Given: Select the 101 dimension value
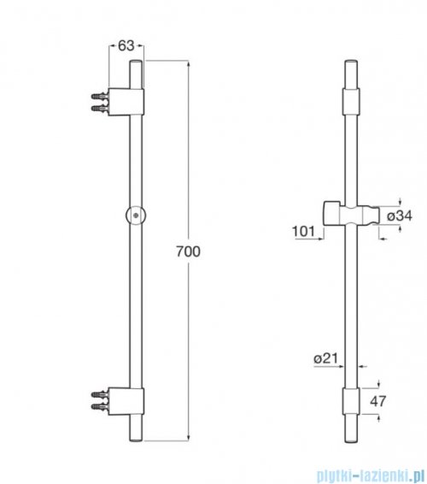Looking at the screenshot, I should click(301, 230).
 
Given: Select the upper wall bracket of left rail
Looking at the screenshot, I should click(136, 103).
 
